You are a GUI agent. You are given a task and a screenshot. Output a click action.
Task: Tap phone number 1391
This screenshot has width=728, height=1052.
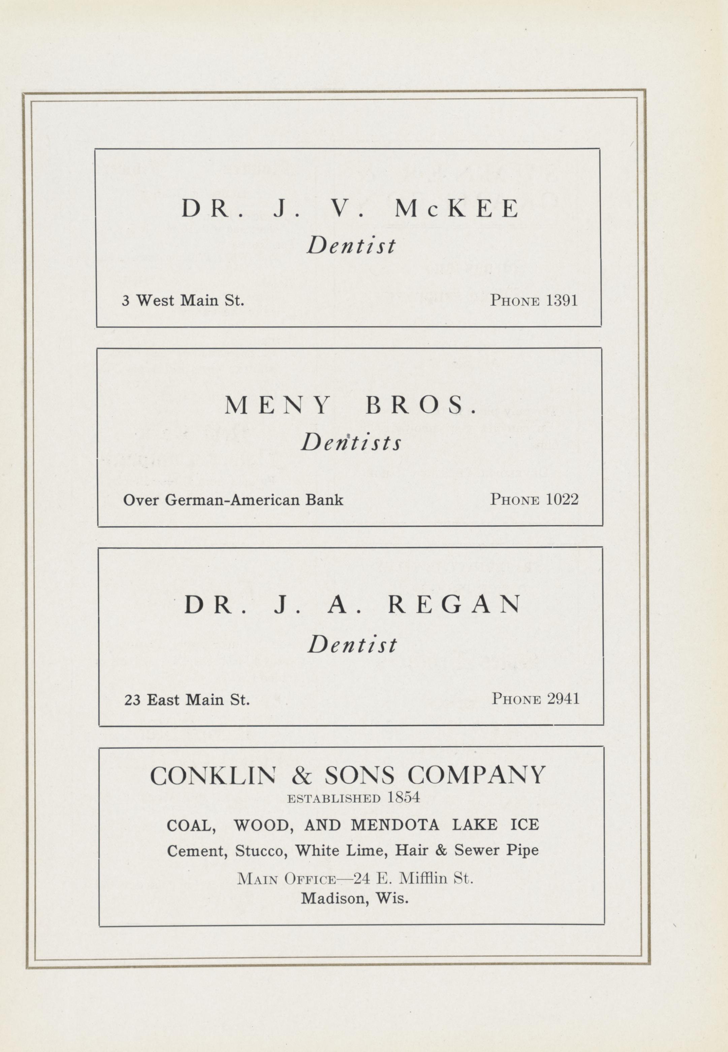pos(562,300)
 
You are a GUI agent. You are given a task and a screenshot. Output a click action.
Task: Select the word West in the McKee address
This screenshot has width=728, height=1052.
pos(155,300)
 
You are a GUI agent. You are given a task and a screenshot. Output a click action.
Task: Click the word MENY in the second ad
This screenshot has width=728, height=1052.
pos(277,405)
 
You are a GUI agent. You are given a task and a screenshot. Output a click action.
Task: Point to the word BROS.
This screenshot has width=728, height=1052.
pos(420,405)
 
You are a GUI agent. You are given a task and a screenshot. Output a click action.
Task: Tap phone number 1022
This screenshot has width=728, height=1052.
pos(562,499)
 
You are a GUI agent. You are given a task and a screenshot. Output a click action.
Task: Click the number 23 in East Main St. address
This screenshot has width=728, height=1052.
pos(132,700)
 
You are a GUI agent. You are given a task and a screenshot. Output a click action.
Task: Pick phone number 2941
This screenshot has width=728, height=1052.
pos(563,699)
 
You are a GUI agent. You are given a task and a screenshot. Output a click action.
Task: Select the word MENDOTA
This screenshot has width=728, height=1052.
pos(395,825)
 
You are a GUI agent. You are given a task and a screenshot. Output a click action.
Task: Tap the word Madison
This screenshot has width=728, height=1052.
pos(335,899)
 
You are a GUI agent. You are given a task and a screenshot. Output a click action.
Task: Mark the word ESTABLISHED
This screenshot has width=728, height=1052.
pos(334,798)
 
